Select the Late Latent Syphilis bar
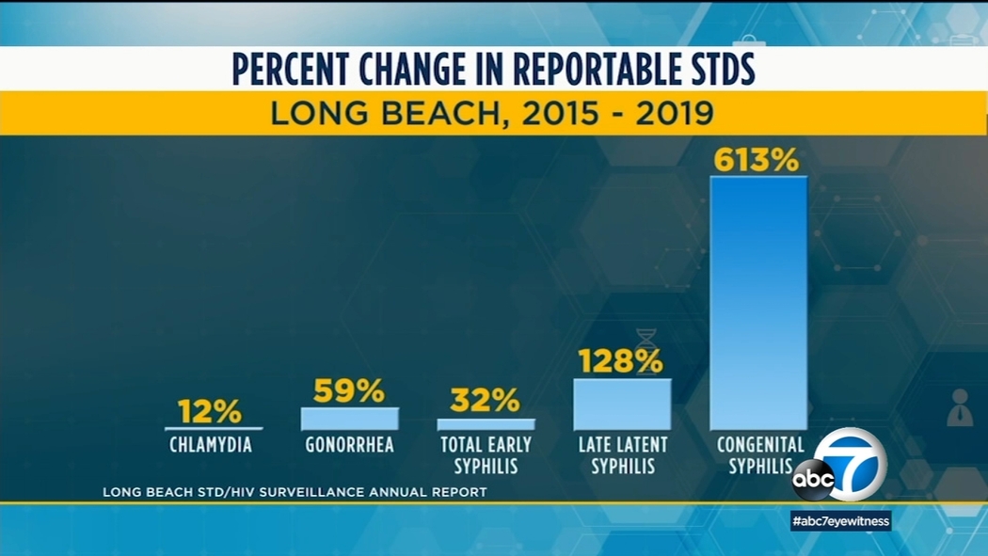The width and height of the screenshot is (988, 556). pyautogui.click(x=622, y=405)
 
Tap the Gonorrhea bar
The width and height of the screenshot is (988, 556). pyautogui.click(x=349, y=419)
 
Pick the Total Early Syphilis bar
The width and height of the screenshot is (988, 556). pyautogui.click(x=486, y=424)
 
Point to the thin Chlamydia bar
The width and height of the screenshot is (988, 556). pyautogui.click(x=213, y=428)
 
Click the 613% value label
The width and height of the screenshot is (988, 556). pyautogui.click(x=756, y=160)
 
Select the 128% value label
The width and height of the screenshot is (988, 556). pyautogui.click(x=620, y=361)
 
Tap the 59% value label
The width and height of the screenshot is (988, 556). pyautogui.click(x=349, y=390)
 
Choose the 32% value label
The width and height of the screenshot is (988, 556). pyautogui.click(x=485, y=401)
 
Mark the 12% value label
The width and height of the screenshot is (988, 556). pyautogui.click(x=210, y=411)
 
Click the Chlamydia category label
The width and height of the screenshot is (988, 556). pyautogui.click(x=211, y=445)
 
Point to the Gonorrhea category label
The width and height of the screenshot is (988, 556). pyautogui.click(x=349, y=445)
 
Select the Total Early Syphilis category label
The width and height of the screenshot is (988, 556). pyautogui.click(x=486, y=454)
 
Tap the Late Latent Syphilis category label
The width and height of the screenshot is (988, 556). pyautogui.click(x=622, y=454)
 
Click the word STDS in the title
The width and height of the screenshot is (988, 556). pyautogui.click(x=706, y=71)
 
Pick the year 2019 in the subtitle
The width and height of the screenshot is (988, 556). pyautogui.click(x=674, y=114)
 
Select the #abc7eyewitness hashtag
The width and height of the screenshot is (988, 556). pyautogui.click(x=840, y=521)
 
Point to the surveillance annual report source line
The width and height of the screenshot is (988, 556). pyautogui.click(x=295, y=492)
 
